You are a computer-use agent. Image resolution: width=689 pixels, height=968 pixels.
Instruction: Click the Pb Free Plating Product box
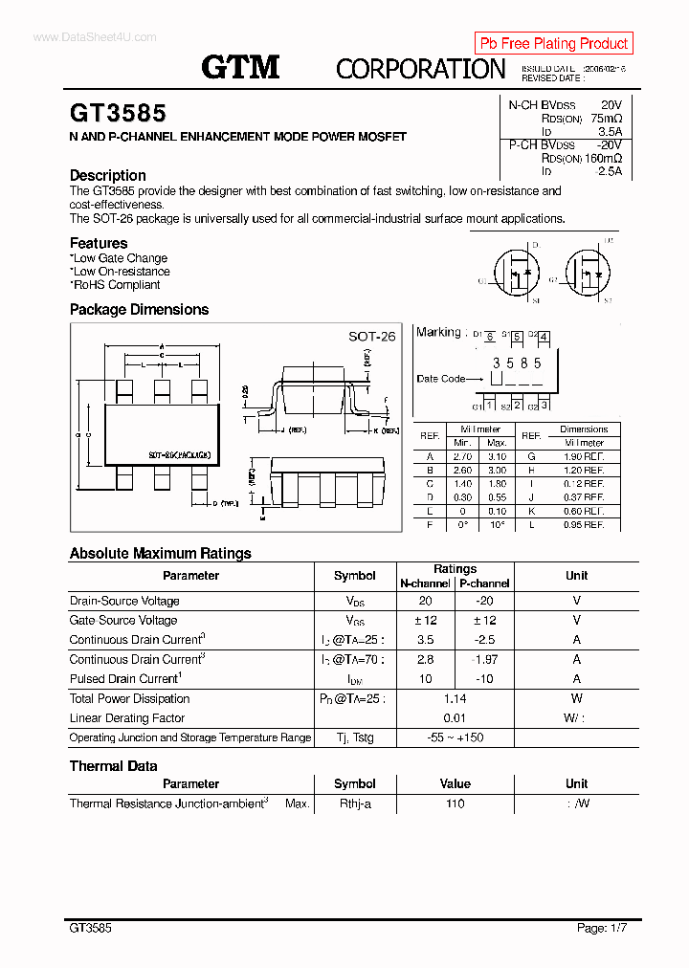tap(553, 43)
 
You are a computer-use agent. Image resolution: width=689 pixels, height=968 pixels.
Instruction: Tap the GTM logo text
tap(240, 67)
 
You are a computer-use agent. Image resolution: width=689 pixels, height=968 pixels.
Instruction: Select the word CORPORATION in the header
tap(420, 69)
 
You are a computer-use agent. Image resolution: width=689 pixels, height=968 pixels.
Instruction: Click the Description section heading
tap(108, 175)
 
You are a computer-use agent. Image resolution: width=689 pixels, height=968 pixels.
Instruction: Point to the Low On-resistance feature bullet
tap(122, 272)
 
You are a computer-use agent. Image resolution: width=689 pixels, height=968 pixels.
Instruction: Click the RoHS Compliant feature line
tap(116, 285)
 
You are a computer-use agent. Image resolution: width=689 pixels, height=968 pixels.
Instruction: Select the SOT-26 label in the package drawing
tap(371, 337)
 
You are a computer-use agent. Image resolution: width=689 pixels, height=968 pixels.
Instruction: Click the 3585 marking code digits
tap(517, 363)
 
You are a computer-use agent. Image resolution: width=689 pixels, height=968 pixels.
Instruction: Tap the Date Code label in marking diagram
tap(440, 379)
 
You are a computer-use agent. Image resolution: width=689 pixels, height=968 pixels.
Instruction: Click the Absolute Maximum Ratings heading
tap(161, 553)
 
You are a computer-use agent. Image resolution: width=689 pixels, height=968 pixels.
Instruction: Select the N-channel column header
tap(425, 583)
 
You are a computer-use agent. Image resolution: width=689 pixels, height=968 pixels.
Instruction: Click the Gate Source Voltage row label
tap(123, 621)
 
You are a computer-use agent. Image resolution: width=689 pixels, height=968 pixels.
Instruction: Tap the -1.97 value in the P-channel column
tap(484, 660)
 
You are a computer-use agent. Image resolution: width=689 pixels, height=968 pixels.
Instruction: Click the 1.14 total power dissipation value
tap(455, 699)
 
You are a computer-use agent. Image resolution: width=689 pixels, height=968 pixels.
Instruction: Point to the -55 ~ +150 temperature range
tap(455, 738)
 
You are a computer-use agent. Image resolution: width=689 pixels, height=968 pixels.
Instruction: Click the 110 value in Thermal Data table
tap(455, 804)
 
